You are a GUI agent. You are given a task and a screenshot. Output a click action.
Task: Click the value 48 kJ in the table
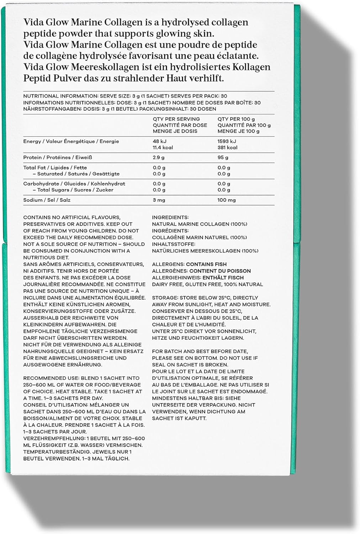159,141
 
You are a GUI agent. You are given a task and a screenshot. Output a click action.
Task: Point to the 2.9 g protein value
159,157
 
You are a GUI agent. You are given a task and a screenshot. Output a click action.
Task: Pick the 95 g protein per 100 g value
223,157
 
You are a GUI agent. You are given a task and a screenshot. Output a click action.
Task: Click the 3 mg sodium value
159,200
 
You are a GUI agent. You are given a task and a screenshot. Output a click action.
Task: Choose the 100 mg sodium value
227,200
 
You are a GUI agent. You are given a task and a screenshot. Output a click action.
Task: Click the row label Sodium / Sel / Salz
47,200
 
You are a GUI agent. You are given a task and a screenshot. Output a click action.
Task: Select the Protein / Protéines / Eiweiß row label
58,157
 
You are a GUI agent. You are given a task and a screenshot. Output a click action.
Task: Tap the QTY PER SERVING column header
176,119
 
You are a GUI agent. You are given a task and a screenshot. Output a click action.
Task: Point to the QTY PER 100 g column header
236,119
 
